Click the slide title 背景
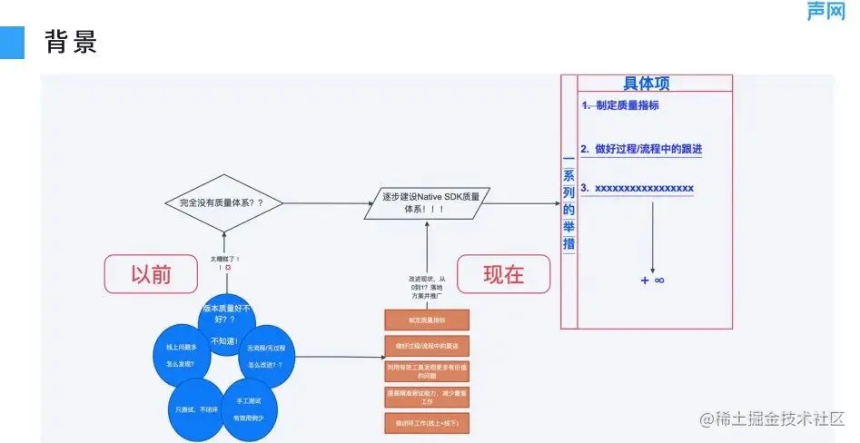pyautogui.click(x=71, y=42)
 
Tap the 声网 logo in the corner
pyautogui.click(x=825, y=11)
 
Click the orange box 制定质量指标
pyautogui.click(x=426, y=320)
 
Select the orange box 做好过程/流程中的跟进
pyautogui.click(x=426, y=346)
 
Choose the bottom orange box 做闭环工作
pyautogui.click(x=426, y=422)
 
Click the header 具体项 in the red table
pyautogui.click(x=646, y=84)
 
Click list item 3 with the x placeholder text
pyautogui.click(x=638, y=188)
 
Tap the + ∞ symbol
pyautogui.click(x=652, y=281)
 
